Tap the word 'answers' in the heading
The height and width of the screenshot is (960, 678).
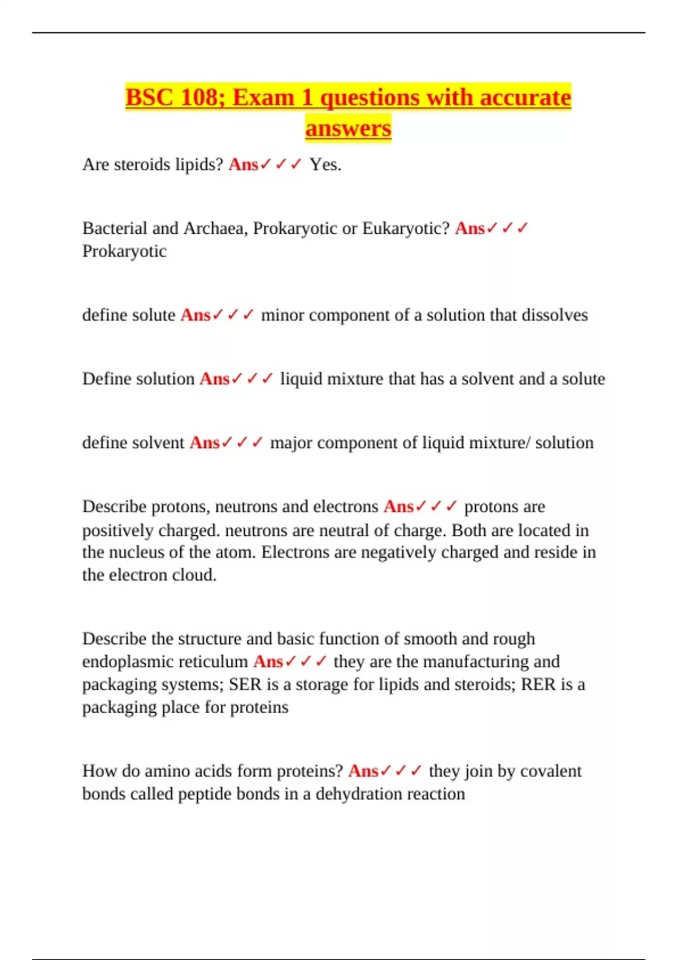[348, 128]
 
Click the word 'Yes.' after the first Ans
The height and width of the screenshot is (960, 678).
[325, 164]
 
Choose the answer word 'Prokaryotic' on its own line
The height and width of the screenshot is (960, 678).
[124, 251]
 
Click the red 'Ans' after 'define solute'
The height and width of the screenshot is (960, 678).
[195, 315]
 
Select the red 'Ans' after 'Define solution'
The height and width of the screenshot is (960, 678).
[214, 378]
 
